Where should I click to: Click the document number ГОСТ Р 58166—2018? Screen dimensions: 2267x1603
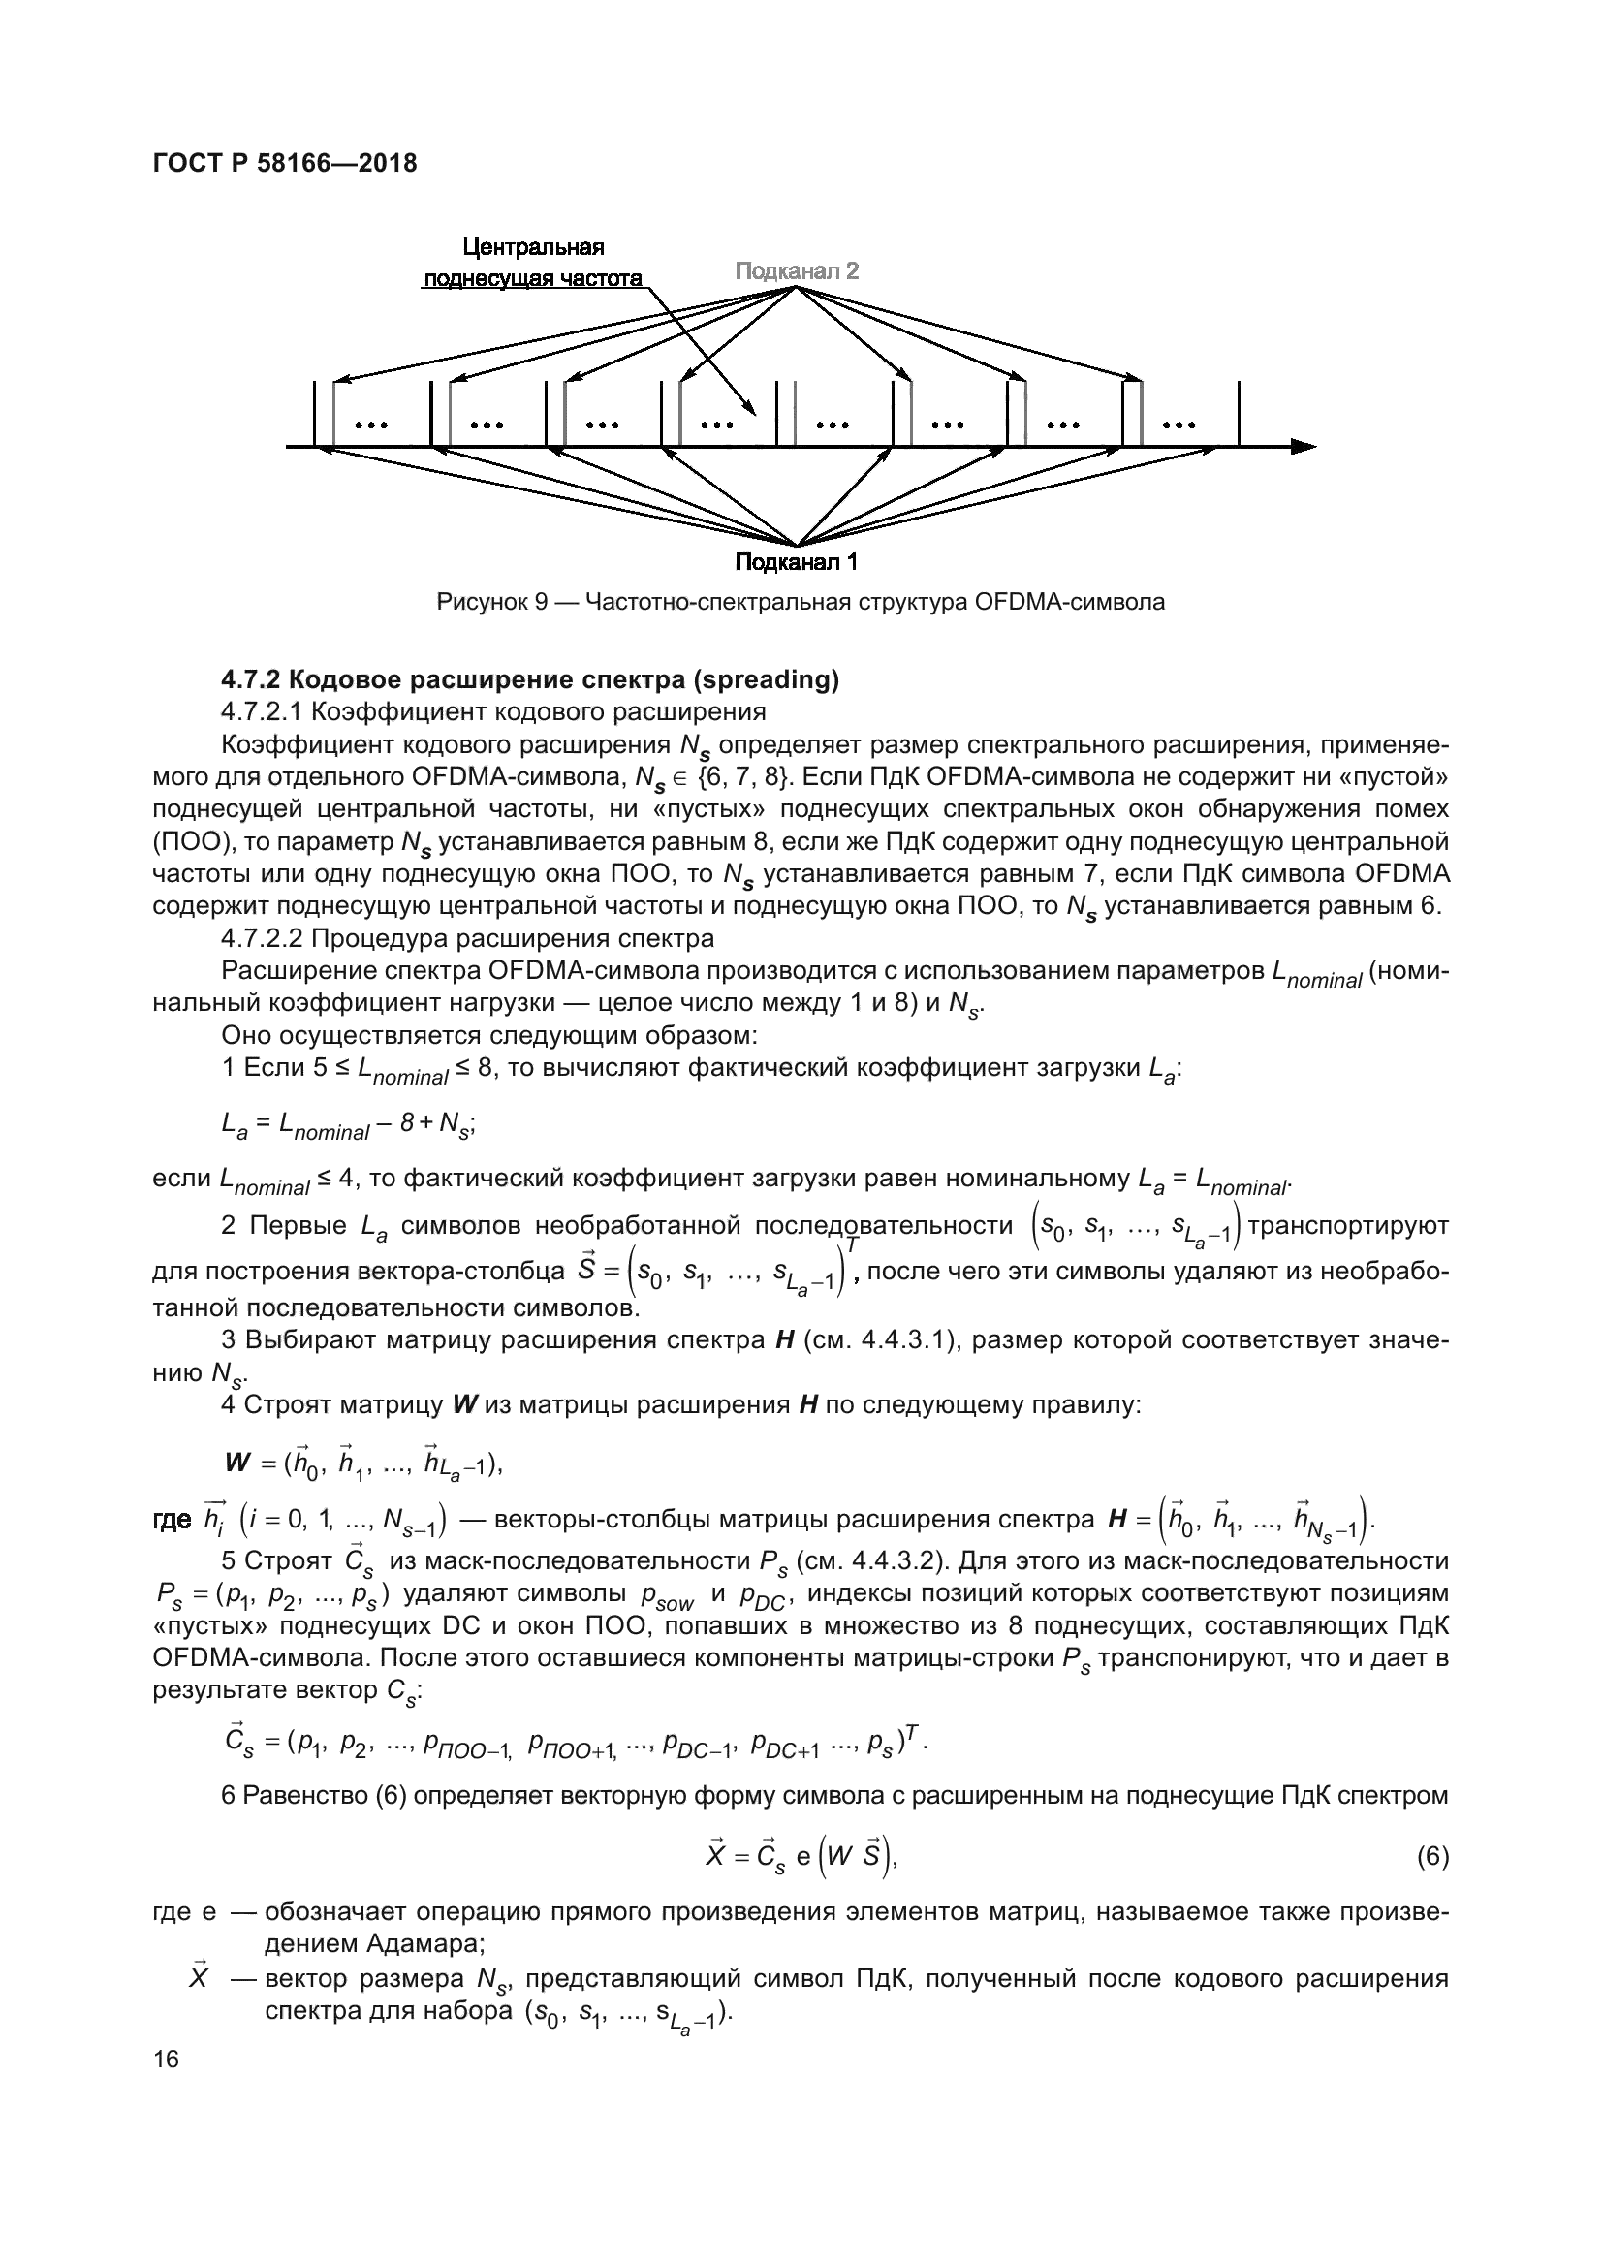(285, 163)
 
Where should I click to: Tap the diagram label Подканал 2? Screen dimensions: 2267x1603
(797, 270)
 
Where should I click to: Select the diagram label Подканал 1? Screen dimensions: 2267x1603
(796, 562)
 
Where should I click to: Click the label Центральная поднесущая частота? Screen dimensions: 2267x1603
(534, 263)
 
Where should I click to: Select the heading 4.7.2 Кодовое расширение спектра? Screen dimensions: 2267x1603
(530, 679)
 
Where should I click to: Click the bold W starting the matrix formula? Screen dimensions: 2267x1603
(237, 1463)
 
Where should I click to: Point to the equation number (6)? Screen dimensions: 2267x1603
(1432, 1857)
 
